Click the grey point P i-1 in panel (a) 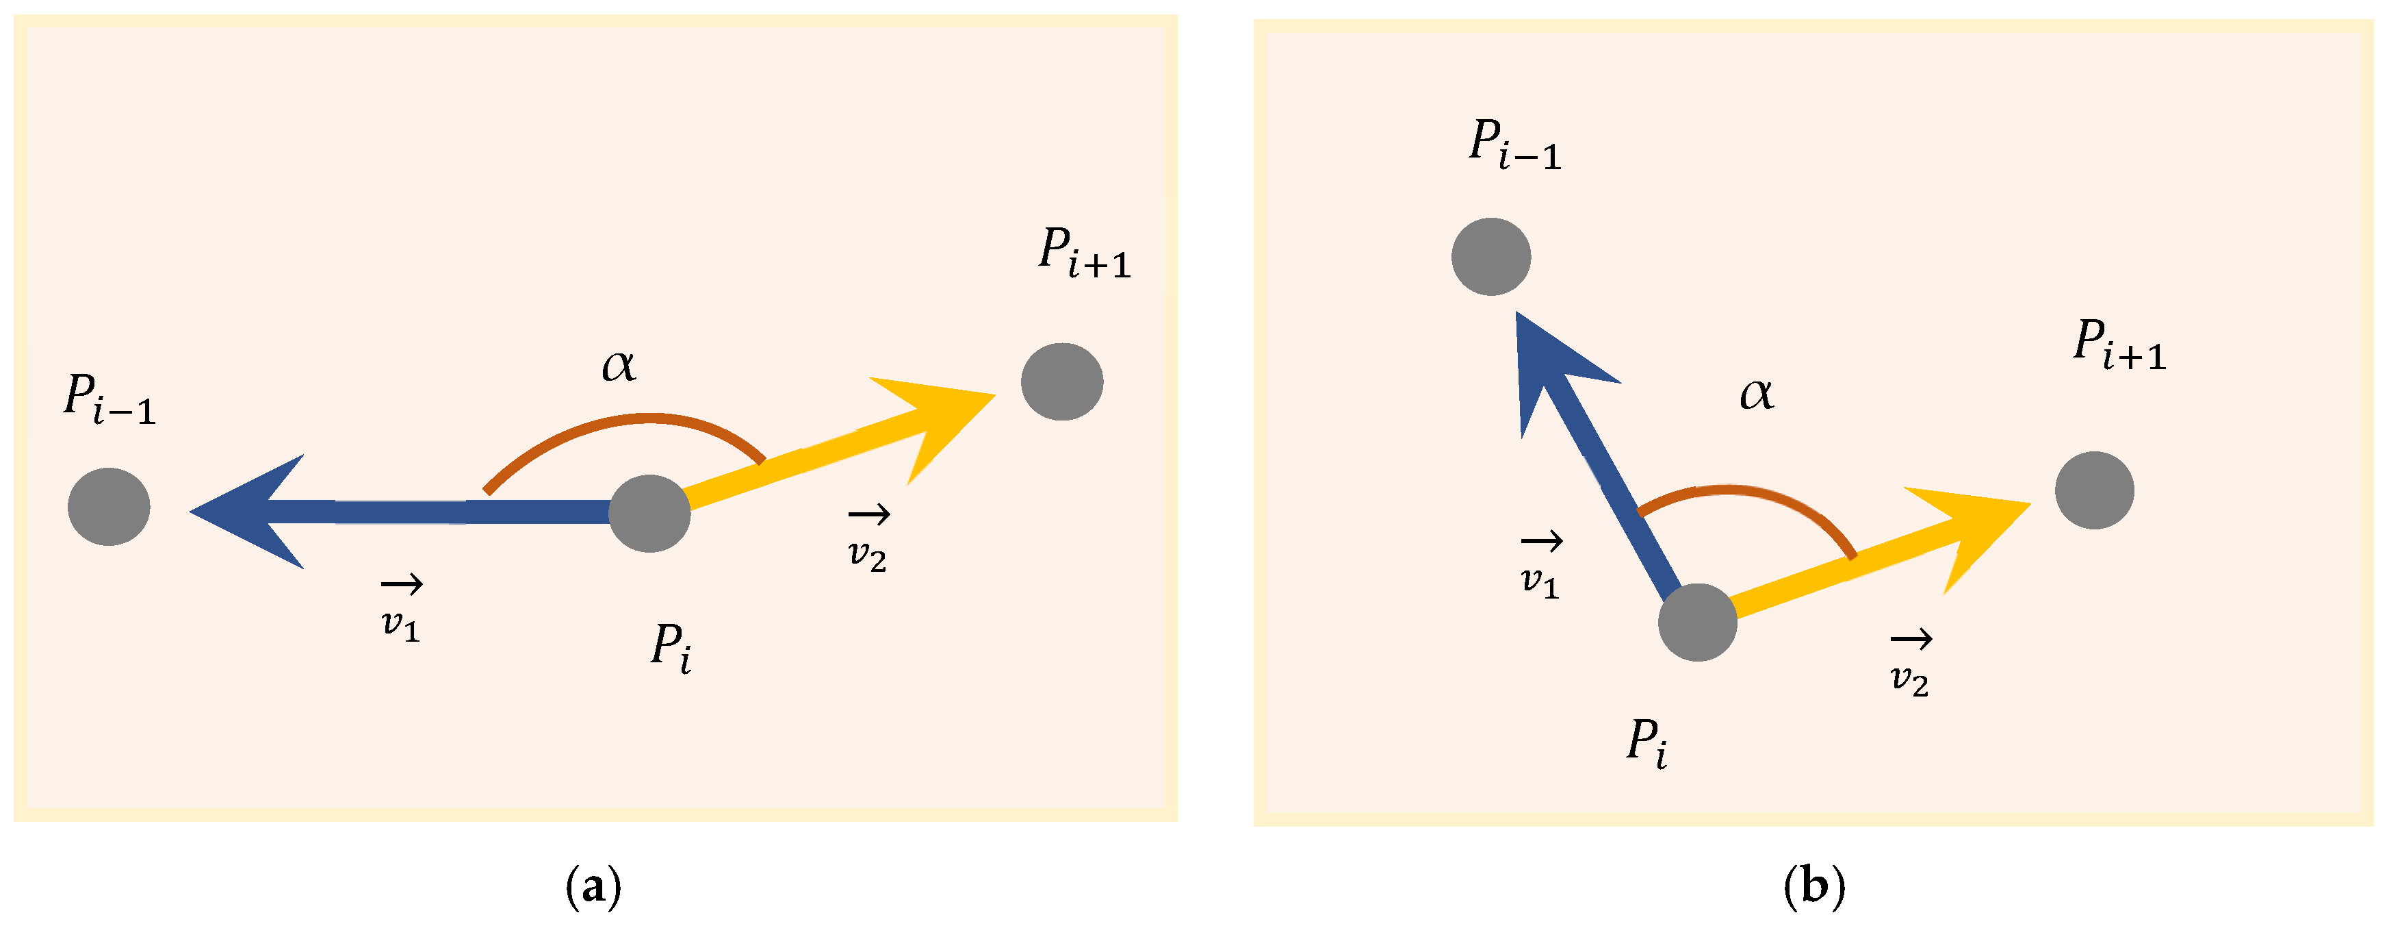pos(109,507)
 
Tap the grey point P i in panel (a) pos(649,513)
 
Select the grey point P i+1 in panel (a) pos(1062,381)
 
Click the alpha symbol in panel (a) pos(619,365)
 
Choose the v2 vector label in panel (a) pos(868,542)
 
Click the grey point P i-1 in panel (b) pos(1490,257)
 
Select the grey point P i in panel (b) pos(1697,622)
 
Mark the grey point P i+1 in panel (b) pos(2094,490)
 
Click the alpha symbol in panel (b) pos(1755,394)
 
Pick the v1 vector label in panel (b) pos(1540,568)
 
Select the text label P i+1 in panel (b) pos(2119,345)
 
